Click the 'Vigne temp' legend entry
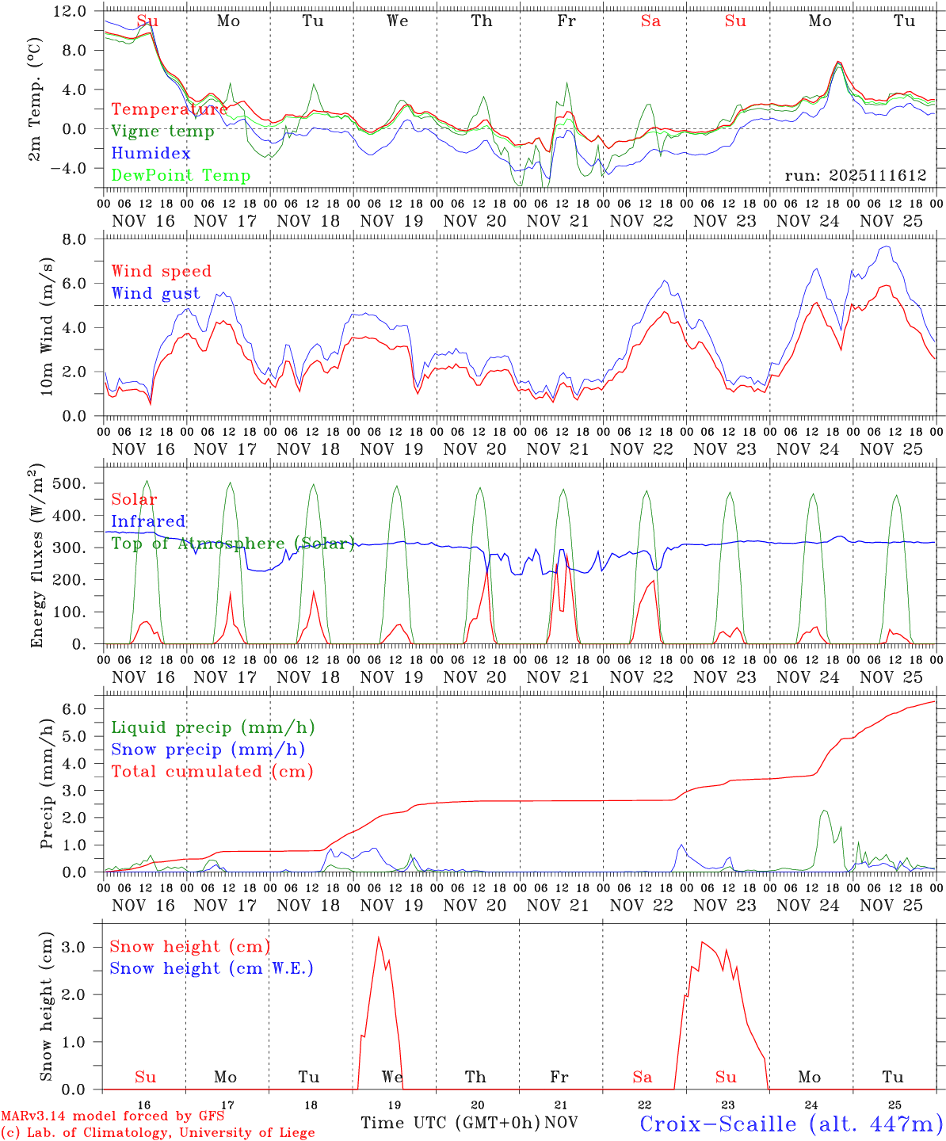coord(162,132)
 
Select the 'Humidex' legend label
coord(151,154)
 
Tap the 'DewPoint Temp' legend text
coord(181,176)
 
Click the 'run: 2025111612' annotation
coord(855,176)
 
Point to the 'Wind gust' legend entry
coord(155,293)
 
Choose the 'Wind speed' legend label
coord(162,271)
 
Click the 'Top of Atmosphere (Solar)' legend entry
coord(233,544)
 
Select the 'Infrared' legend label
coord(148,521)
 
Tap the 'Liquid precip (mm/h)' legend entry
coord(213,727)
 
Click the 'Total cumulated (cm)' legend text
coord(212,771)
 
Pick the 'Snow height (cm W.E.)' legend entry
coord(212,968)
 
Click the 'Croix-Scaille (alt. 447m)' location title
coord(791,1124)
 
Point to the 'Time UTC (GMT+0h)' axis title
coord(450,1123)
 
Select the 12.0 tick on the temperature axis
coord(70,11)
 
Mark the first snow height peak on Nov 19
coord(379,938)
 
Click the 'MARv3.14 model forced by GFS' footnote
coord(113,1116)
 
